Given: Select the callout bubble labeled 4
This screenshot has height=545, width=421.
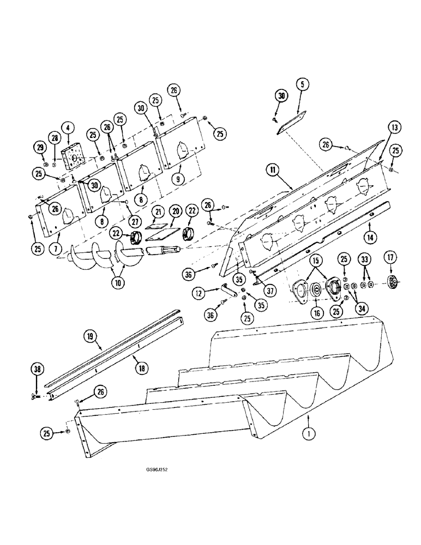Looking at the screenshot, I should click(68, 128).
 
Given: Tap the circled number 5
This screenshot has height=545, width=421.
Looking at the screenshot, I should click(303, 84).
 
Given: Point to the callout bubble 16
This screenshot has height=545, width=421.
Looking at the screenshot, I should click(315, 313).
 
